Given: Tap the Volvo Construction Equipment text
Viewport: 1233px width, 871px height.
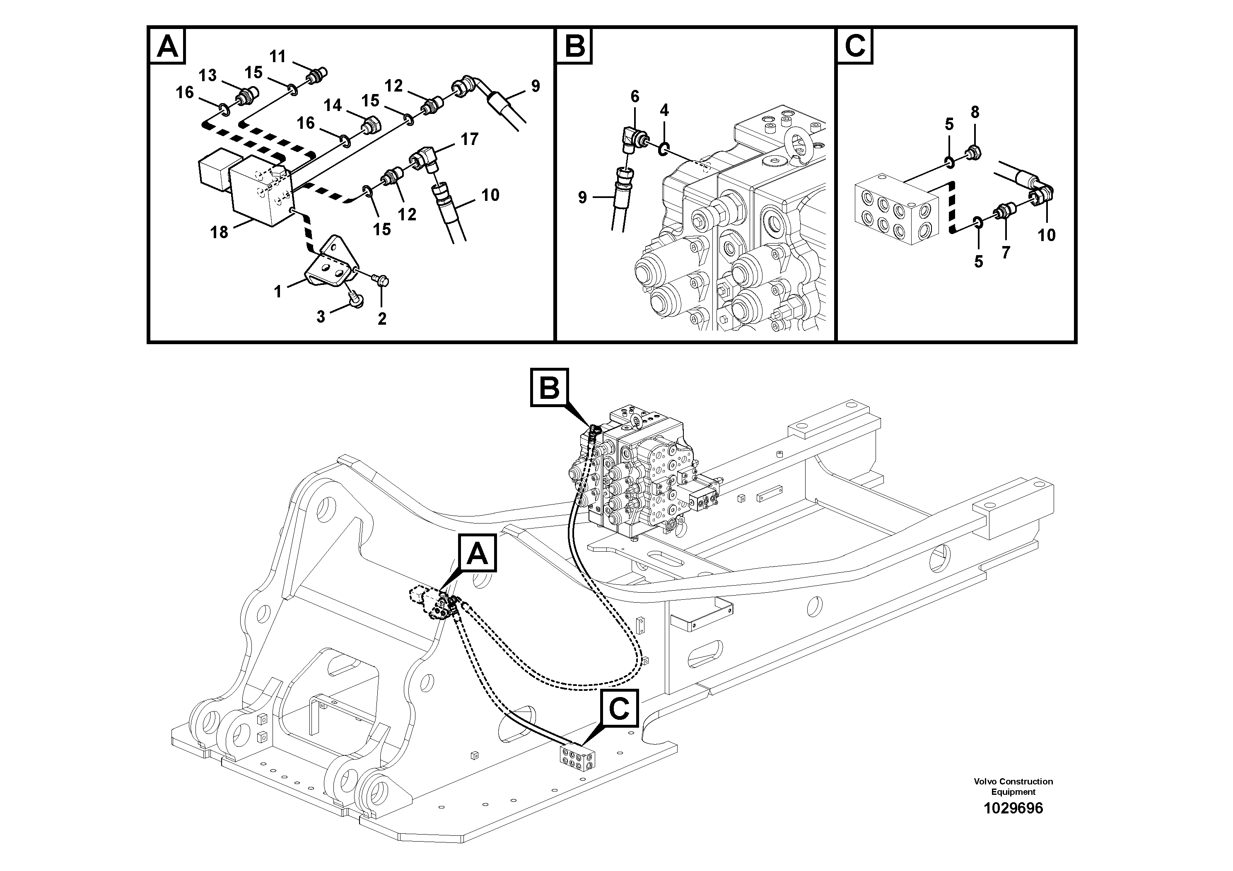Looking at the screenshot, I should point(1013,786).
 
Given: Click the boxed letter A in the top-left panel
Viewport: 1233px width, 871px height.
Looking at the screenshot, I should point(167,46).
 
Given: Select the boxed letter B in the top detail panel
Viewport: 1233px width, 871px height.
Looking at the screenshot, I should point(574,46).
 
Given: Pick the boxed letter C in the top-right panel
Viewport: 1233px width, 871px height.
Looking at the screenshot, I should point(855,46).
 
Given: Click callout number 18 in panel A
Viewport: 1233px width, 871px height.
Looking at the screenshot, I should point(219,232).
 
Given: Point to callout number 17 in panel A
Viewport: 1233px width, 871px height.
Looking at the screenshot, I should point(469,140).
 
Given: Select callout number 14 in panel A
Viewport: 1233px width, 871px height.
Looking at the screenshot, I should point(333,105).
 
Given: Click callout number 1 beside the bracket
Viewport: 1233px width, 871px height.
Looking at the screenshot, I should point(277,292).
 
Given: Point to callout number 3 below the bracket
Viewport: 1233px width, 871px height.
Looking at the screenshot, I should point(321,317).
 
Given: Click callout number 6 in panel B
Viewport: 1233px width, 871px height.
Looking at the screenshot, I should point(635,97).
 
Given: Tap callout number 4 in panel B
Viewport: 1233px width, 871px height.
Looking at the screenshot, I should point(664,111).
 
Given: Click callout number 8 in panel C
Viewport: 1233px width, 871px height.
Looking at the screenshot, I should point(975,112).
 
